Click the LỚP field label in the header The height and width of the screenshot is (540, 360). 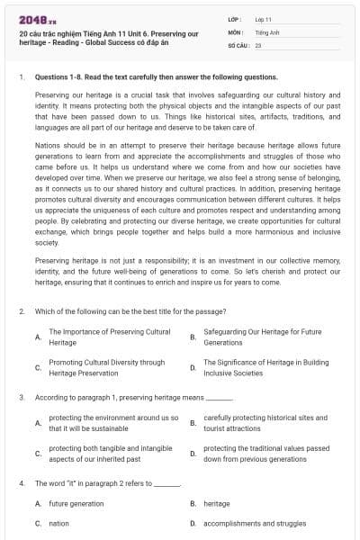(235, 19)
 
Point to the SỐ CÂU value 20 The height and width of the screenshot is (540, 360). (258, 44)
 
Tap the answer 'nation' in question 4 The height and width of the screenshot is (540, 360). (58, 523)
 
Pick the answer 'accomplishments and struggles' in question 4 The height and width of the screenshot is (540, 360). (255, 523)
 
